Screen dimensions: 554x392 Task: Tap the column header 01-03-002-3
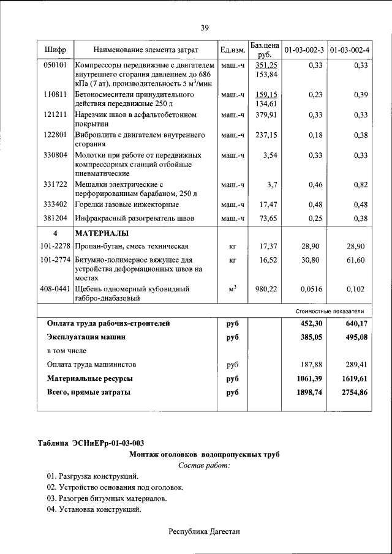pos(304,49)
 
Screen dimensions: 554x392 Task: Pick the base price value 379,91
pos(266,114)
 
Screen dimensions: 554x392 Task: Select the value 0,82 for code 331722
pos(359,184)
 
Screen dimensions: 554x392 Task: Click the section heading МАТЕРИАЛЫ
pos(102,233)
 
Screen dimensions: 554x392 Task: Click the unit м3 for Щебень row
pos(233,288)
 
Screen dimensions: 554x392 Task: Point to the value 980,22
pos(266,289)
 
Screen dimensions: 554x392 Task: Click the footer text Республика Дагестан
pos(204,531)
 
